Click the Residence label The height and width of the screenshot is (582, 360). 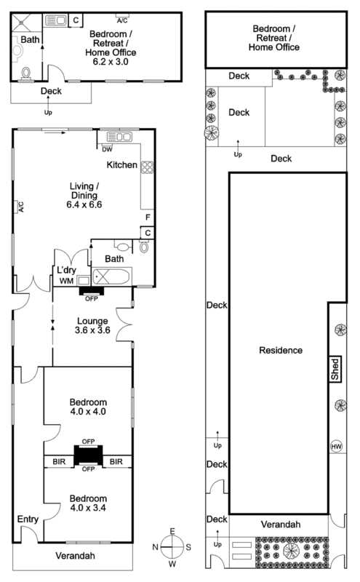(280, 350)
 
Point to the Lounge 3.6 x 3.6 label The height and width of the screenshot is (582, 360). (92, 325)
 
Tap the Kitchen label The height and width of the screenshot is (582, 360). (121, 165)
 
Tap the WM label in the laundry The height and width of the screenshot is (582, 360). (65, 280)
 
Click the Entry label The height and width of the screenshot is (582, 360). (28, 519)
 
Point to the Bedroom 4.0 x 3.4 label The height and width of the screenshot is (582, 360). (88, 503)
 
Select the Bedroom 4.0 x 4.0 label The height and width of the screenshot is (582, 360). (88, 407)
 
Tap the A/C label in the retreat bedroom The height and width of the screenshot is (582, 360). (122, 21)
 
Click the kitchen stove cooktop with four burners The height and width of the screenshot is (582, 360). (146, 167)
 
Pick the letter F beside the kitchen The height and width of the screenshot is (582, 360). (147, 217)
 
